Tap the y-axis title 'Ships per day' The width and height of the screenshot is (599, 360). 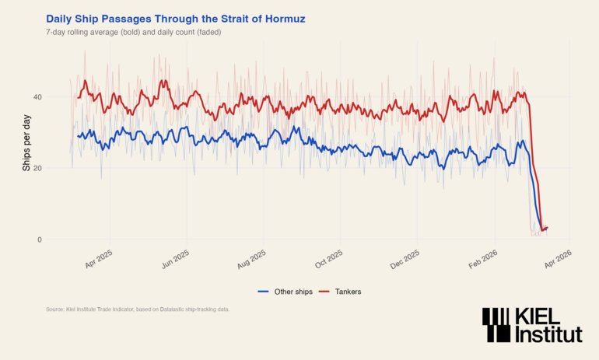point(26,142)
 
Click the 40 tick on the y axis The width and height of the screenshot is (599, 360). point(37,96)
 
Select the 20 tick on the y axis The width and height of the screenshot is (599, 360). point(37,168)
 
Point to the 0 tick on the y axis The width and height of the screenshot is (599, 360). point(40,239)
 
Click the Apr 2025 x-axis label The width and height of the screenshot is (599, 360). point(100,257)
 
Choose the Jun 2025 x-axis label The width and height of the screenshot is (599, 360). point(176,257)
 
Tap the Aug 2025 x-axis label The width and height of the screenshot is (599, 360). point(252,257)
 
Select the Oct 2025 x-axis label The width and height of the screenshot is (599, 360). point(329,257)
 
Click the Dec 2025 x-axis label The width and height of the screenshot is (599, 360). point(405,257)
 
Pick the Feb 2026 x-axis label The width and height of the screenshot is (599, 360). point(482,257)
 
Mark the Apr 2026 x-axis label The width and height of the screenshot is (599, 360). point(558,257)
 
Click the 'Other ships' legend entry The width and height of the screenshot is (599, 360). point(285,292)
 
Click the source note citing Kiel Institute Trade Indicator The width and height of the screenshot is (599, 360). point(138,309)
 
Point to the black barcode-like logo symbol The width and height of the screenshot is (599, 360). point(496,324)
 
